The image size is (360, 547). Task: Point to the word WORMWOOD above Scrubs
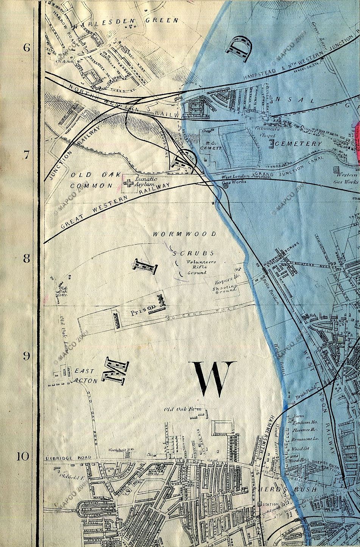[x=184, y=234]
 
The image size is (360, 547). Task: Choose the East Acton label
[x=86, y=375]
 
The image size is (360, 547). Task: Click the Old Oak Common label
[x=91, y=180]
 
